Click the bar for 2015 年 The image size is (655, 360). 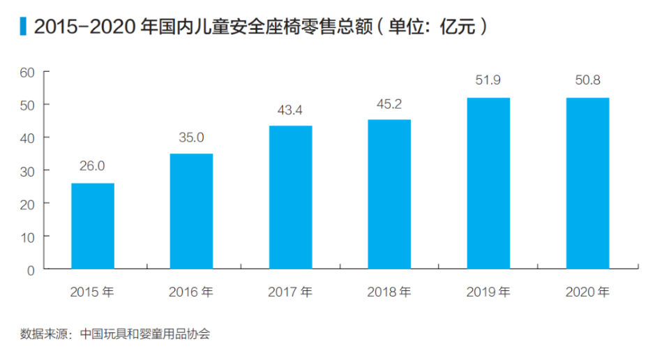click(x=93, y=226)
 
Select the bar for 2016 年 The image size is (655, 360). click(x=191, y=211)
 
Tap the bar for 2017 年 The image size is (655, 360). click(x=290, y=197)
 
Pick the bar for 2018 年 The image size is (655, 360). click(x=389, y=194)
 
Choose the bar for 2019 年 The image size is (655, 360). click(x=488, y=183)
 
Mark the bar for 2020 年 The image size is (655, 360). click(x=587, y=183)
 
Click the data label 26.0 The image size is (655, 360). click(x=92, y=166)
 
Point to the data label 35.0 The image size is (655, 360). click(x=191, y=137)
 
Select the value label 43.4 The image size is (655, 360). click(x=290, y=109)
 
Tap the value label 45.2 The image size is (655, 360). click(x=389, y=103)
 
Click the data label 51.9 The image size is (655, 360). click(x=488, y=80)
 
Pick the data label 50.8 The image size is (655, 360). click(x=587, y=80)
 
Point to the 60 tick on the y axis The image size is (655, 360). click(x=27, y=72)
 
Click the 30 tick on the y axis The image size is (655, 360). click(x=27, y=170)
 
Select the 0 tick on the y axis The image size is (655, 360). click(x=31, y=269)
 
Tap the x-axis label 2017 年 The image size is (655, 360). click(x=290, y=292)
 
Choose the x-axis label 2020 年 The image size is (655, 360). click(x=587, y=292)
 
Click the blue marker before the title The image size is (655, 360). click(x=24, y=27)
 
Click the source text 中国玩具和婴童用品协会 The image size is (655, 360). click(x=145, y=333)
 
